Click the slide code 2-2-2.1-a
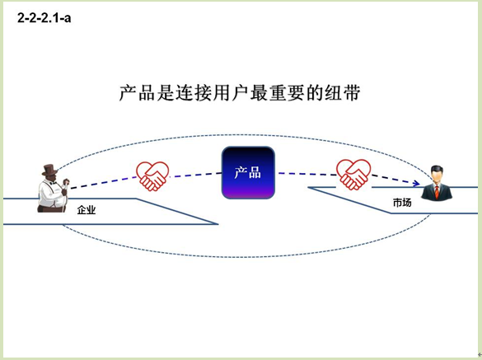point(44,18)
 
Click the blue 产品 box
point(248,172)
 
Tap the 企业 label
point(87,210)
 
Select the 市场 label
point(402,203)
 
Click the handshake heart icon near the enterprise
point(152,176)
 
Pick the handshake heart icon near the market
point(353,175)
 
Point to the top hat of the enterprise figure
point(49,170)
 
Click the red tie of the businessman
point(437,191)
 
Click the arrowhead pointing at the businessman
point(417,184)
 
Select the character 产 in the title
point(129,93)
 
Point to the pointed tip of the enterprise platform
point(218,224)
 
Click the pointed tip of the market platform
point(308,187)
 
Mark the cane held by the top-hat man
point(65,198)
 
